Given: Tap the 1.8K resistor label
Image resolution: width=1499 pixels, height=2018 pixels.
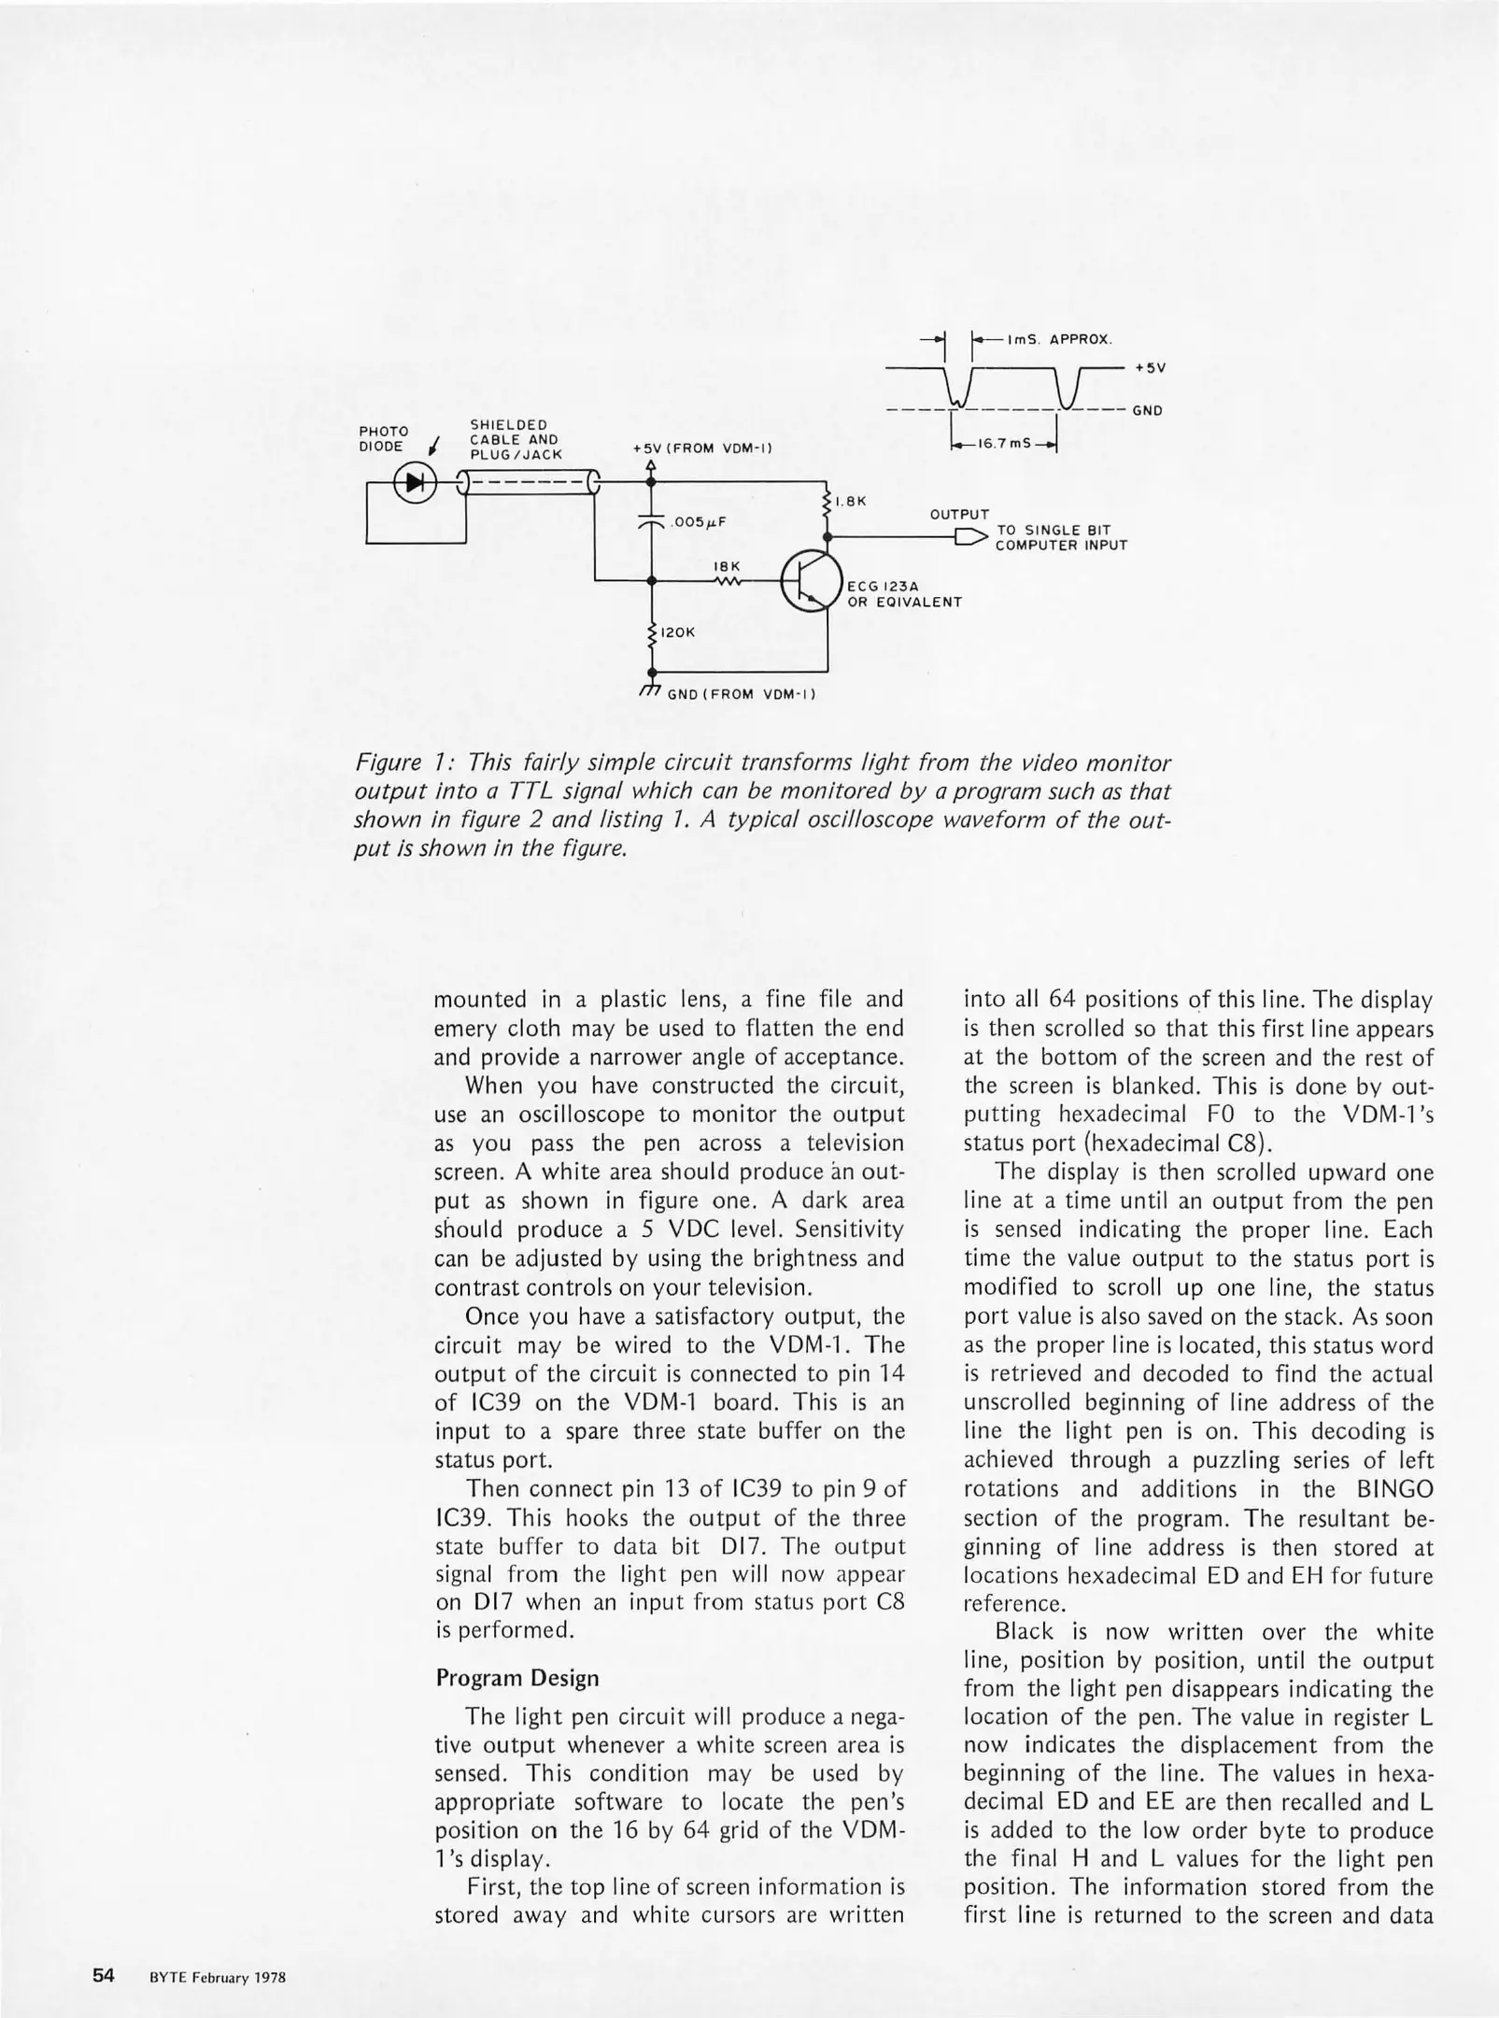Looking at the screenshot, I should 851,502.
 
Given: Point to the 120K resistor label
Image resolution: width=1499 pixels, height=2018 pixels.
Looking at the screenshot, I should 677,633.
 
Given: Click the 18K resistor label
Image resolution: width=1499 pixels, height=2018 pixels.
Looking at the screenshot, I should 727,566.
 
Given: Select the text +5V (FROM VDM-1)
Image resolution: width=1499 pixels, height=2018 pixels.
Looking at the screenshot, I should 701,448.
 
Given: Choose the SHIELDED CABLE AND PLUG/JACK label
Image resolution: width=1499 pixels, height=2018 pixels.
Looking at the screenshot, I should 516,440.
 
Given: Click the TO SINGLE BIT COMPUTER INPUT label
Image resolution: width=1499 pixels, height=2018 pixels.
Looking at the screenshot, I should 1061,538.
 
